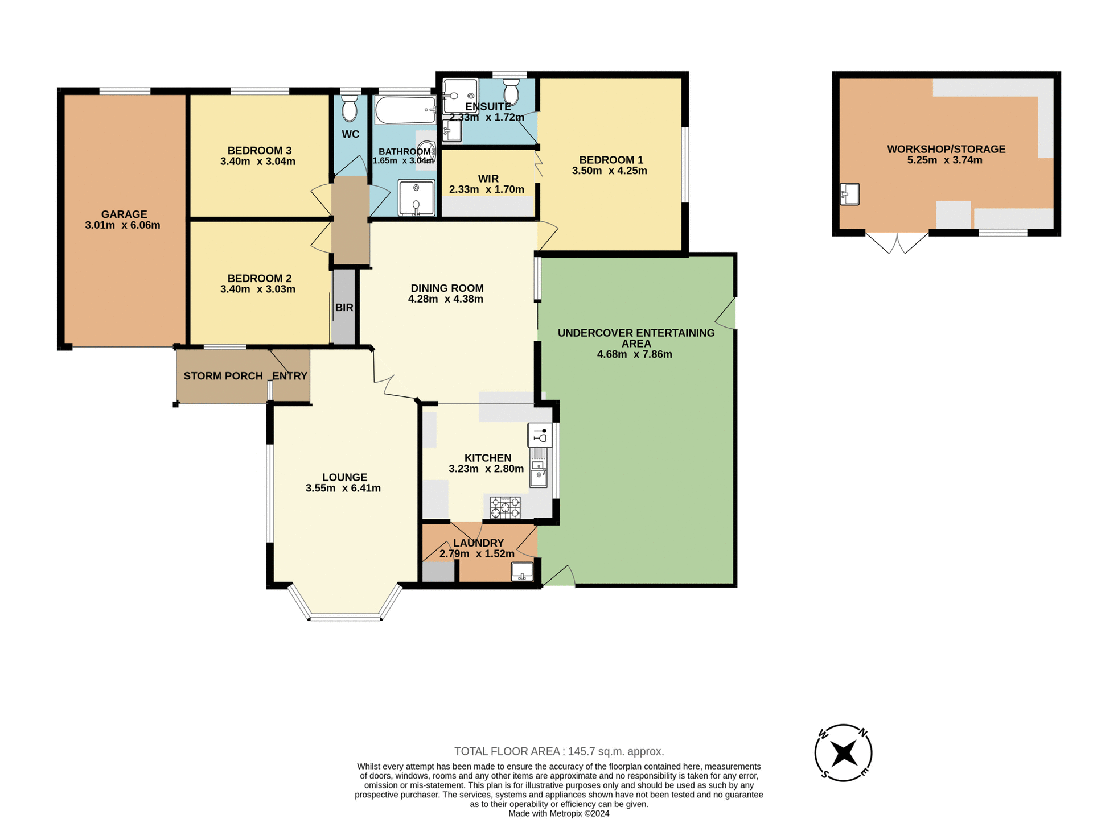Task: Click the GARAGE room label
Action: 124,214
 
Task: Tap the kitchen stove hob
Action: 505,508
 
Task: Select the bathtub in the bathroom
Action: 405,110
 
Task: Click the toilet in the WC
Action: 350,109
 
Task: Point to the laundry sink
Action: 522,571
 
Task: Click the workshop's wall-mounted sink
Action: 849,194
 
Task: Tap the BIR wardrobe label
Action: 344,308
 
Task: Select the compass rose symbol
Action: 843,753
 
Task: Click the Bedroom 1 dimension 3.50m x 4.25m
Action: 609,171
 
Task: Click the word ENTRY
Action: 290,376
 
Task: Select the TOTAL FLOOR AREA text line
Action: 558,751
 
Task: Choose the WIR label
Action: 488,179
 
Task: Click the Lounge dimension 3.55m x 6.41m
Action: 343,488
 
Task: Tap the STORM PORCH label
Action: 223,376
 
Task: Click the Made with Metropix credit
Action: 558,813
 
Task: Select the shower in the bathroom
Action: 416,198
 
